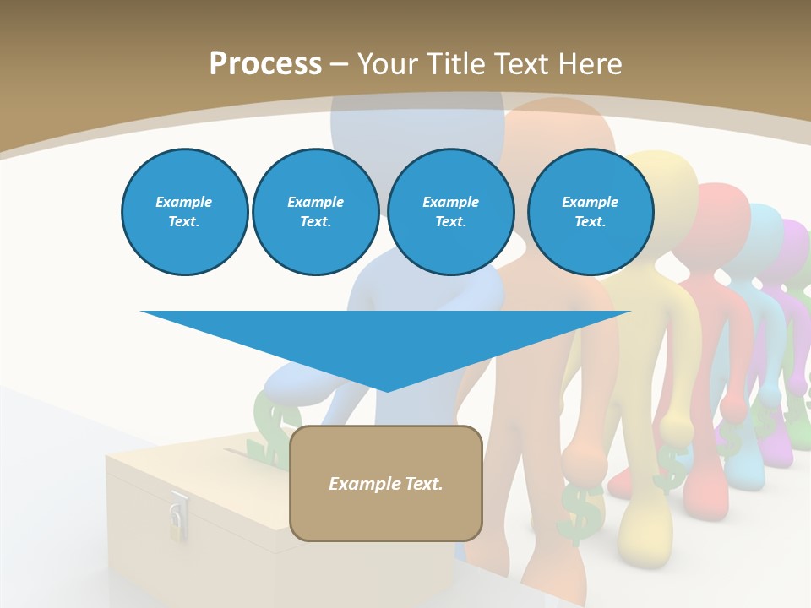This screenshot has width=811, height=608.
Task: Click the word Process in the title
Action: tap(265, 63)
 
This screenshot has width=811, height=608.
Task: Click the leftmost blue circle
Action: tap(184, 212)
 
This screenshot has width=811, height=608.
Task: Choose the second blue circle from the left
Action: tap(315, 212)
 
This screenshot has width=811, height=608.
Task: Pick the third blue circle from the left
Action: tap(450, 212)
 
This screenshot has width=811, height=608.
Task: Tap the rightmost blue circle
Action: tap(591, 212)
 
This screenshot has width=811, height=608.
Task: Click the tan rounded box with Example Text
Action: tap(386, 483)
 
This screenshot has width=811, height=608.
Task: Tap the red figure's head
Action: tap(718, 215)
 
